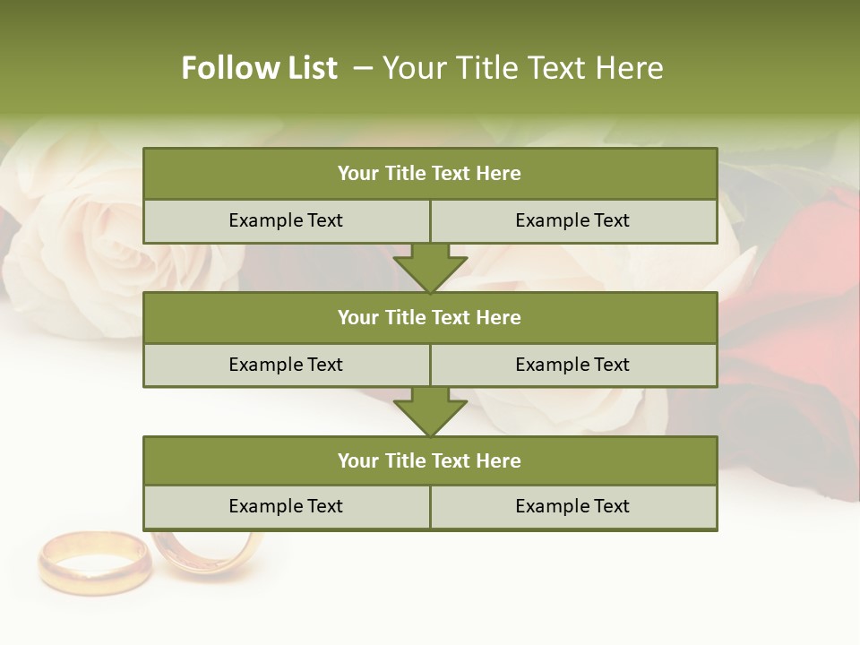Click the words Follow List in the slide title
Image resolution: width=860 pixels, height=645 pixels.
click(x=260, y=68)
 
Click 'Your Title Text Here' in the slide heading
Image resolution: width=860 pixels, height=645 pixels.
click(x=523, y=68)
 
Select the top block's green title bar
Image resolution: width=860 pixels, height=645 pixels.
click(x=430, y=174)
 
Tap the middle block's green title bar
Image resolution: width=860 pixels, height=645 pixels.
click(x=430, y=317)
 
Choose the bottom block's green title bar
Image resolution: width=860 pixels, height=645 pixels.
click(x=430, y=460)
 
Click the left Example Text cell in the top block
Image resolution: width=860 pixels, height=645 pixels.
click(x=286, y=220)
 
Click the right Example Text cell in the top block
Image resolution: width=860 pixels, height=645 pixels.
click(x=572, y=220)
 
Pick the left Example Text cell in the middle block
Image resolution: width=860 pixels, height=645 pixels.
click(x=286, y=365)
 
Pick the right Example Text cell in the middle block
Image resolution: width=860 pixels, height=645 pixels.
click(x=572, y=365)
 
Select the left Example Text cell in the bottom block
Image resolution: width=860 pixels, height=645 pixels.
click(x=286, y=506)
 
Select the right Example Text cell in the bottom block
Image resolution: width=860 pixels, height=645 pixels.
click(x=572, y=506)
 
